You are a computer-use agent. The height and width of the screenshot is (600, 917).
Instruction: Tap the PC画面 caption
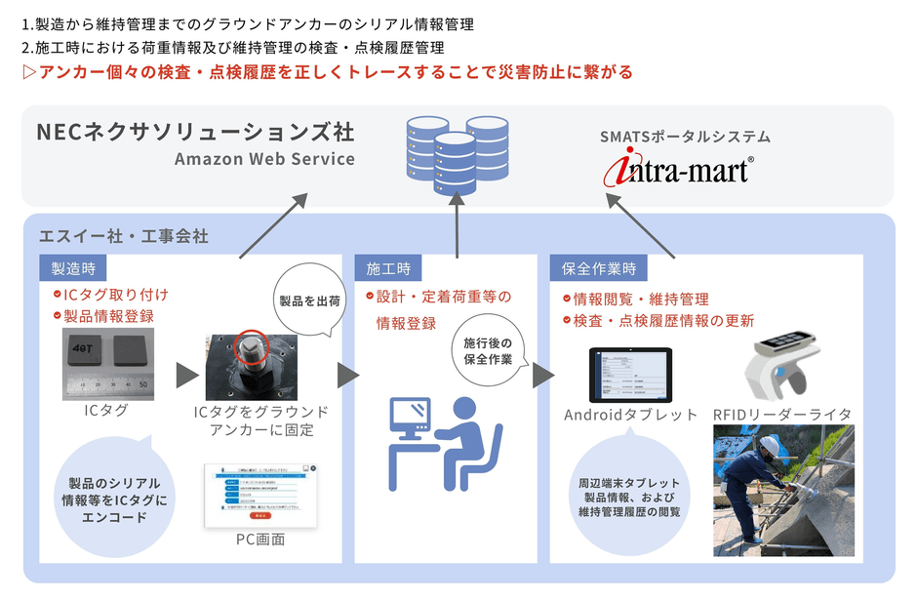(260, 539)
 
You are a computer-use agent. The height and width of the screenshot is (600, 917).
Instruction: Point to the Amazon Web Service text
(264, 159)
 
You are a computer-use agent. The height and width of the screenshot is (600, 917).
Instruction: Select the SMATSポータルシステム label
(685, 137)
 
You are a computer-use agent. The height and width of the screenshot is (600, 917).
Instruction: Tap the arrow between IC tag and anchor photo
(186, 375)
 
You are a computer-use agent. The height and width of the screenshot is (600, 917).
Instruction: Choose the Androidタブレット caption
(630, 415)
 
